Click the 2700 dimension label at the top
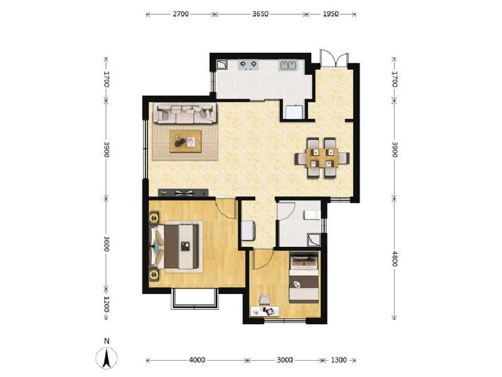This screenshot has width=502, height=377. click(x=180, y=13)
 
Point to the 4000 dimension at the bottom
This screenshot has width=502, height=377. click(x=197, y=360)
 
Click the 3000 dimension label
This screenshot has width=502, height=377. click(x=285, y=360)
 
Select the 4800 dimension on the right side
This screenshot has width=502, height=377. click(x=394, y=258)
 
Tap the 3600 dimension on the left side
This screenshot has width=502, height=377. click(x=107, y=244)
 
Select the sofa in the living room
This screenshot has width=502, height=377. click(x=186, y=114)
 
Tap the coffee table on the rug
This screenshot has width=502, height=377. click(x=186, y=141)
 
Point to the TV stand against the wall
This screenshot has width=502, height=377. click(x=183, y=192)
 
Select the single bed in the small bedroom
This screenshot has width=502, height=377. click(x=304, y=278)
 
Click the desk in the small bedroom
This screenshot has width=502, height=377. click(x=264, y=311)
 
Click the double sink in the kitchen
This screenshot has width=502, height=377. click(x=289, y=64)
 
